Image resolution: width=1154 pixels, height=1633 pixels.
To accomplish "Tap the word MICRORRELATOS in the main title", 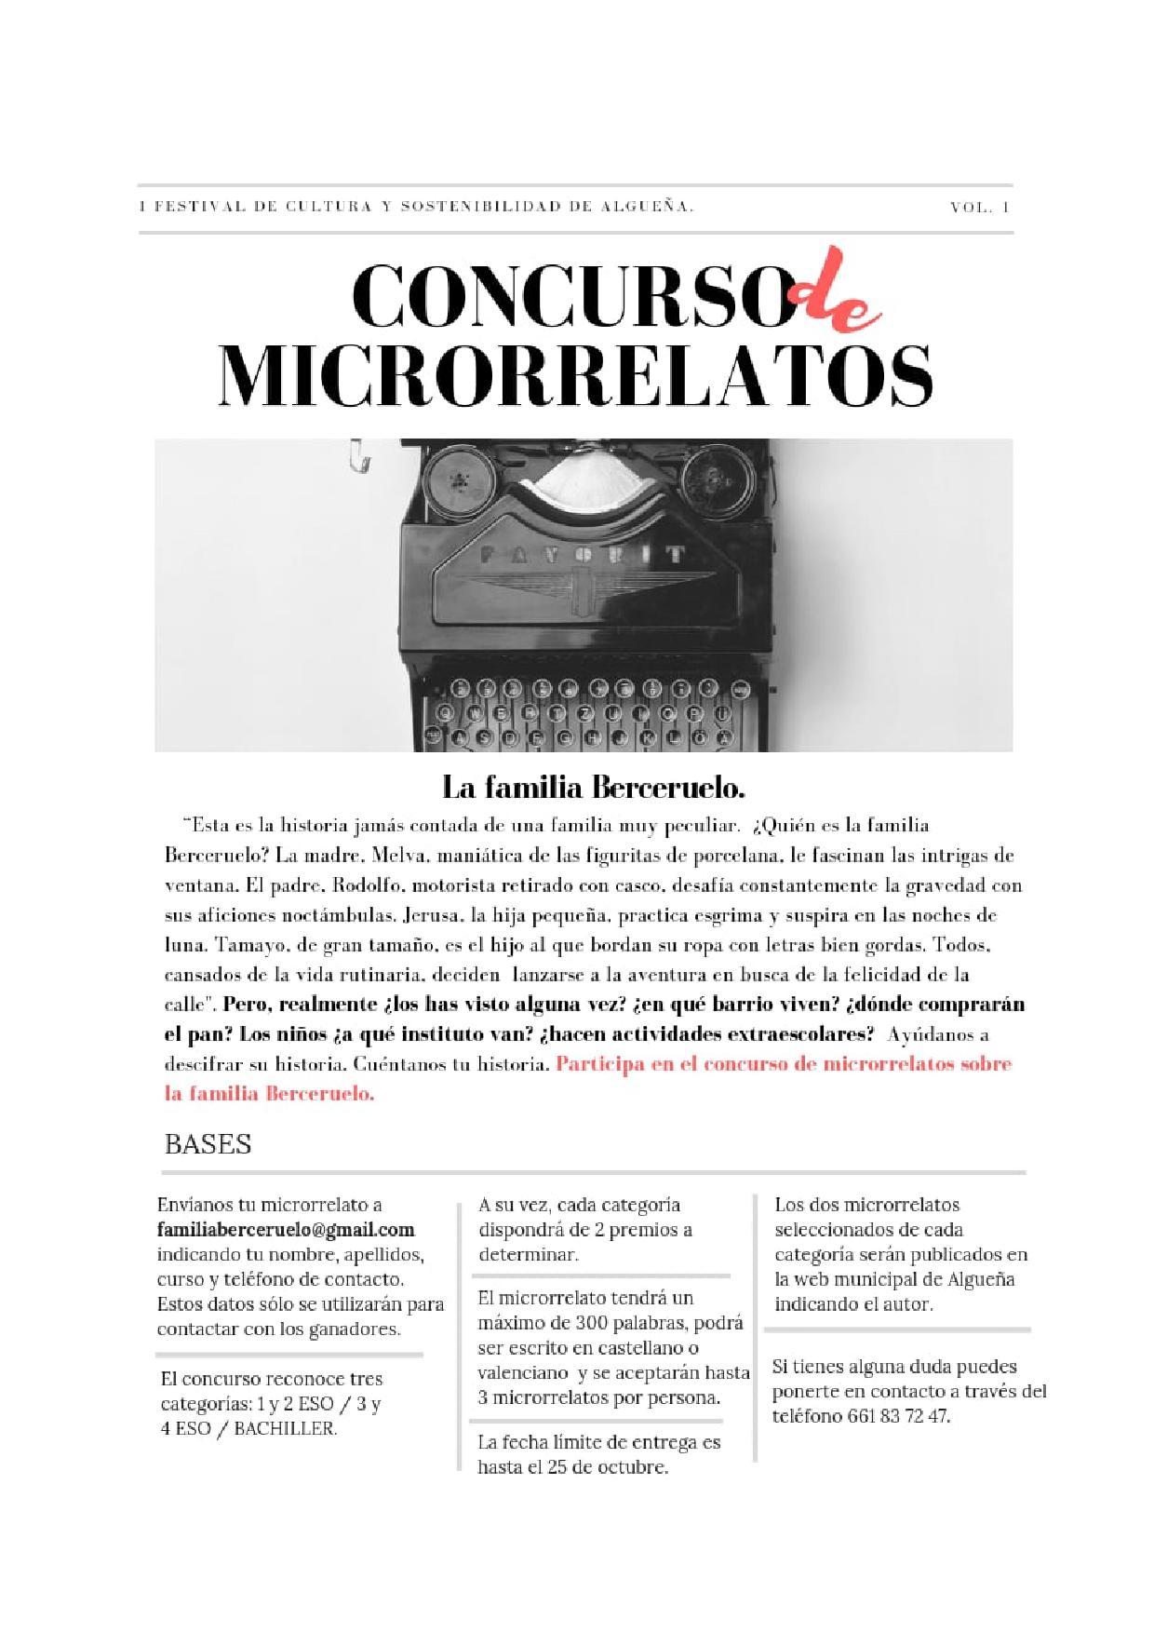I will tap(575, 376).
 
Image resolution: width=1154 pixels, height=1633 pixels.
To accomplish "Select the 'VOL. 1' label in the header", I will tap(979, 208).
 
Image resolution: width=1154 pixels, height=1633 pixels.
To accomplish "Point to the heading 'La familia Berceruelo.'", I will tap(594, 789).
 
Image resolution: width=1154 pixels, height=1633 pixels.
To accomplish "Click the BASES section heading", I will tap(208, 1143).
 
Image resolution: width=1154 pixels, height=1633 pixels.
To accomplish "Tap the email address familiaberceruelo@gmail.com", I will tap(286, 1230).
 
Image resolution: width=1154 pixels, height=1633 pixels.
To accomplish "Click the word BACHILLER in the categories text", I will tap(284, 1428).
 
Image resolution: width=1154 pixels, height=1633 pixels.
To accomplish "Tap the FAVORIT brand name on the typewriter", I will tap(584, 556).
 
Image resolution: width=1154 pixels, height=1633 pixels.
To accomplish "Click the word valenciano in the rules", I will tap(522, 1372).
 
